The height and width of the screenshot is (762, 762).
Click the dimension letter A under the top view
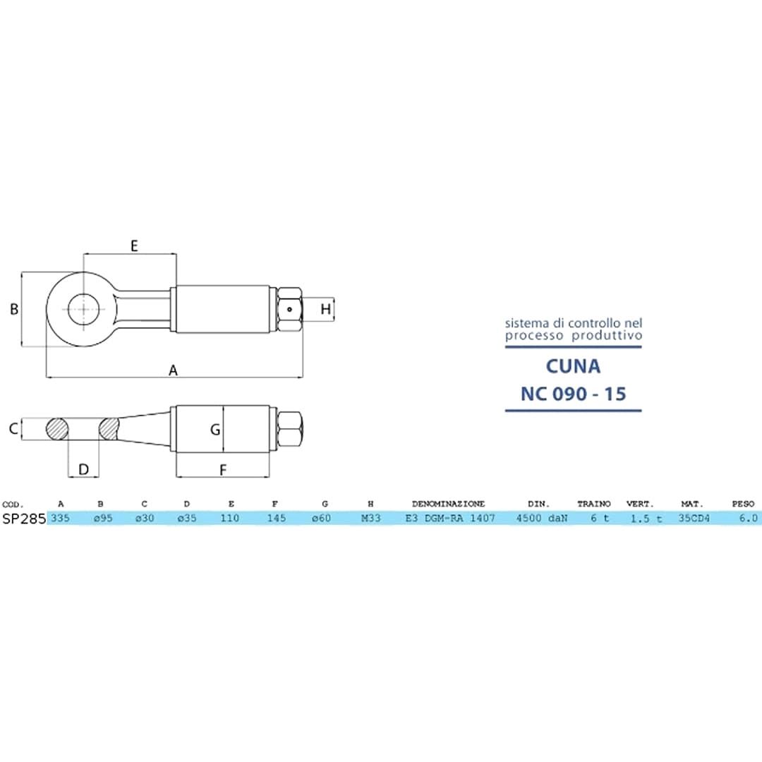point(173,370)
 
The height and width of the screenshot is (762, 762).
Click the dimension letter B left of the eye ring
point(15,309)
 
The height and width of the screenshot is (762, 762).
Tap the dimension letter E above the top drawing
point(135,246)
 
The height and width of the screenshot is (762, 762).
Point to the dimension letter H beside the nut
point(325,309)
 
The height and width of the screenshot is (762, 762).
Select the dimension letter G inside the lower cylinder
point(215,430)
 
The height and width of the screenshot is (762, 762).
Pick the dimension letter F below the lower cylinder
point(223,470)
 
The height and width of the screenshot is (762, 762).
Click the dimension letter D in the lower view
point(83,469)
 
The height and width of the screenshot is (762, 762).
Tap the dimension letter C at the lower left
point(13,429)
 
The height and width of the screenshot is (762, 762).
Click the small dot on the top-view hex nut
point(290,309)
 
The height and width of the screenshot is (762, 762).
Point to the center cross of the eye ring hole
point(84,309)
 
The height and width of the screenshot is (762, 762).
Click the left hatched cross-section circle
point(57,429)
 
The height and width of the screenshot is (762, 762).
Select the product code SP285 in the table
point(24,519)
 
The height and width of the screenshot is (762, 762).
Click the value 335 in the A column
point(60,518)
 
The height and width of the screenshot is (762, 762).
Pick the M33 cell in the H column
point(371,518)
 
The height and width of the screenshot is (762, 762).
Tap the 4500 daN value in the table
point(542,518)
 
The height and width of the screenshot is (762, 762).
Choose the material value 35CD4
point(694,518)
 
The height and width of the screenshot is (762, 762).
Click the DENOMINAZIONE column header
point(449,504)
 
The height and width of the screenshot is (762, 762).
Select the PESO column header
point(743,504)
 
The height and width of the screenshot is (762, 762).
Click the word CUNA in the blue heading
point(573,366)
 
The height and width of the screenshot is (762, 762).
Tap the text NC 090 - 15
point(573,394)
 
